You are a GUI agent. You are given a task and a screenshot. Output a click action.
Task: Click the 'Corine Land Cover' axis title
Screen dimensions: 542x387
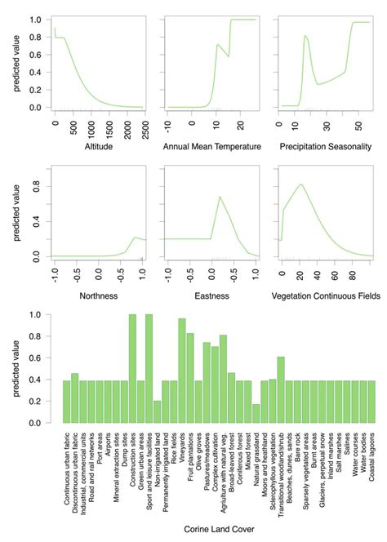[218, 530]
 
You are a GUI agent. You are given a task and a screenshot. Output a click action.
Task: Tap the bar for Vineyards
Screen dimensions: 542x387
[182, 371]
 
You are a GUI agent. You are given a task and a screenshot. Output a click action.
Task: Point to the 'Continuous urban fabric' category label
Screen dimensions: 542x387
[64, 465]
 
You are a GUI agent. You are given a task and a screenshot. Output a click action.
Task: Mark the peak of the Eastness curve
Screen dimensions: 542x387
[219, 197]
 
